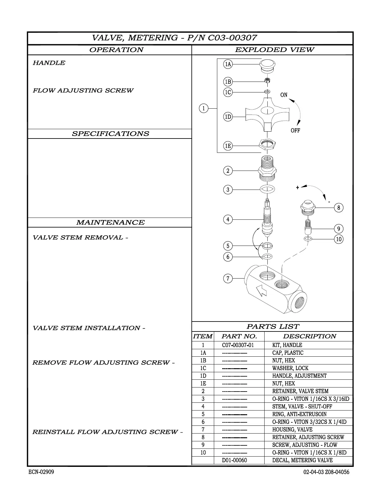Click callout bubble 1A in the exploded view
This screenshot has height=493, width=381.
tap(228, 64)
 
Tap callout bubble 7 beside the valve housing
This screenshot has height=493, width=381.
tap(228, 278)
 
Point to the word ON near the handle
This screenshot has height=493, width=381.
tap(284, 95)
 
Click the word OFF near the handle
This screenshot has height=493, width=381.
tap(295, 130)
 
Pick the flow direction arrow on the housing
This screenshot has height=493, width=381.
tap(261, 291)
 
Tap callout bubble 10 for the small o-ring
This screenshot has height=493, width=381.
tap(339, 239)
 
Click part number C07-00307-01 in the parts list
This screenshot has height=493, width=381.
tap(238, 345)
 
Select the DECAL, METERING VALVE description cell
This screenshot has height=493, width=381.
tap(302, 460)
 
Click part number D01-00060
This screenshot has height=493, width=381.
tap(234, 460)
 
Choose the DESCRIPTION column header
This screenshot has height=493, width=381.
tap(309, 336)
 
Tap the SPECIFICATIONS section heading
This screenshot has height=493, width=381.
tap(110, 134)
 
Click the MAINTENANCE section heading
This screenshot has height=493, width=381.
tap(110, 223)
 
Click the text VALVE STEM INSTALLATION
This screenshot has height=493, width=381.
tap(88, 328)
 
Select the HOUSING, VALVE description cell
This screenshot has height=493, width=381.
tap(292, 430)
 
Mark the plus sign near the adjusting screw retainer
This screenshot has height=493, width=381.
tap(298, 187)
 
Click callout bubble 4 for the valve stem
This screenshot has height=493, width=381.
tap(228, 219)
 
